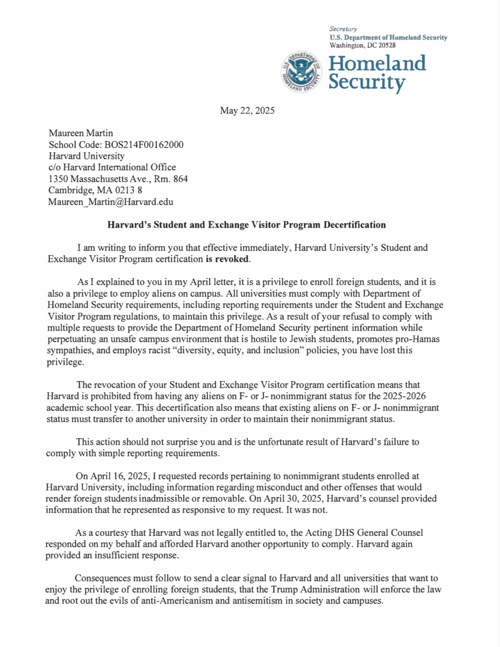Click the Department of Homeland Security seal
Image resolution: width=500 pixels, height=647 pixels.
(x=301, y=72)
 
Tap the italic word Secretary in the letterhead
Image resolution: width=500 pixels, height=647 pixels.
(x=343, y=29)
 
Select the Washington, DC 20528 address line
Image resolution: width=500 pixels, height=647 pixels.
(x=362, y=45)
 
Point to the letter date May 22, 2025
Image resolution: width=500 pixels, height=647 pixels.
(x=247, y=110)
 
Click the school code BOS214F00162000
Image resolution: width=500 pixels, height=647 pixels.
(x=144, y=144)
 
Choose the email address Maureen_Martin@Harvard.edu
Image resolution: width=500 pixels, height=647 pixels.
(x=111, y=202)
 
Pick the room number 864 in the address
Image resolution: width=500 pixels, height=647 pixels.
(x=180, y=179)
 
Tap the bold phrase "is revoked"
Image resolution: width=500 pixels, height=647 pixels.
(x=228, y=259)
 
